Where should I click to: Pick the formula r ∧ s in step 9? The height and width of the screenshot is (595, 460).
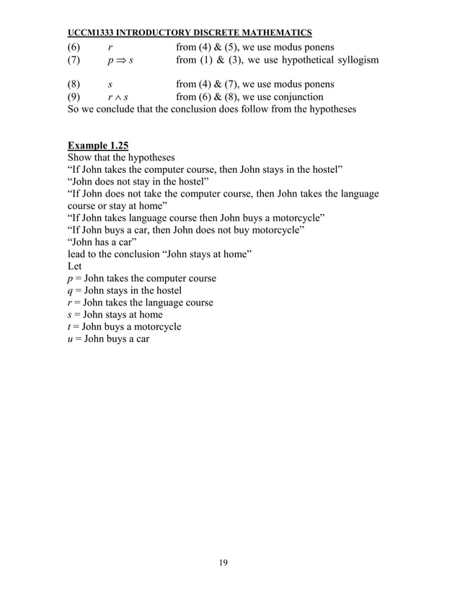(118, 97)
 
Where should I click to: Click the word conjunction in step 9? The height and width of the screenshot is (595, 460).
(296, 97)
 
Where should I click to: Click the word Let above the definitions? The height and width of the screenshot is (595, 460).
(74, 266)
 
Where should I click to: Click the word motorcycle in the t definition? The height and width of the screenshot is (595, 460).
(156, 326)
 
